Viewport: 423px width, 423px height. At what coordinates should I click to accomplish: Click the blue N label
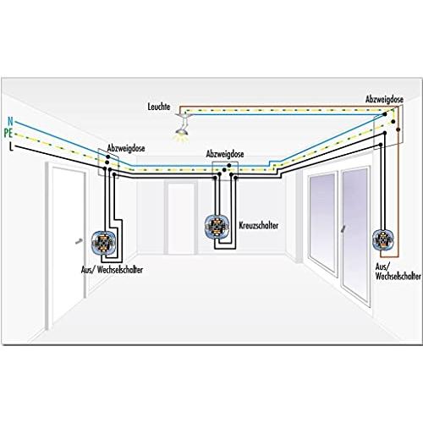10,121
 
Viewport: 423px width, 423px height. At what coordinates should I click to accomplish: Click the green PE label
8,133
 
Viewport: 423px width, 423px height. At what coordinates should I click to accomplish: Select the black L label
11,146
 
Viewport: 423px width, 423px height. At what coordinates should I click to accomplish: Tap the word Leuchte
159,107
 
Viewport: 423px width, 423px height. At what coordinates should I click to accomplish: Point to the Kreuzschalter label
259,225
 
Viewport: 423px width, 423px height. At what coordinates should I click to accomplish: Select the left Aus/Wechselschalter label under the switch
112,270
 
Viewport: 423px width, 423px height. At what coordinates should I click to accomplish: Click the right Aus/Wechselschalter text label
398,272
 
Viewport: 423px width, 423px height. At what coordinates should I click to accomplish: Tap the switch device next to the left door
103,242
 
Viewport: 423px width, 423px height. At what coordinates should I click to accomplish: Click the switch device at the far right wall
383,239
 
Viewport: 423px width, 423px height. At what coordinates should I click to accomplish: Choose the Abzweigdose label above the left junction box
126,148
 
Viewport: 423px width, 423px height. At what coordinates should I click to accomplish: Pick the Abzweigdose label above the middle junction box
225,154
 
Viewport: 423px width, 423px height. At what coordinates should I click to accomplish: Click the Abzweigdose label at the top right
384,99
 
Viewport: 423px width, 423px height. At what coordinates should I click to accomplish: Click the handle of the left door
79,241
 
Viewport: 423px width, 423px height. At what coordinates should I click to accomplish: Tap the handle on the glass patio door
343,229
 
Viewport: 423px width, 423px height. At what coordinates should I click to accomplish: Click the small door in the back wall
181,218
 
